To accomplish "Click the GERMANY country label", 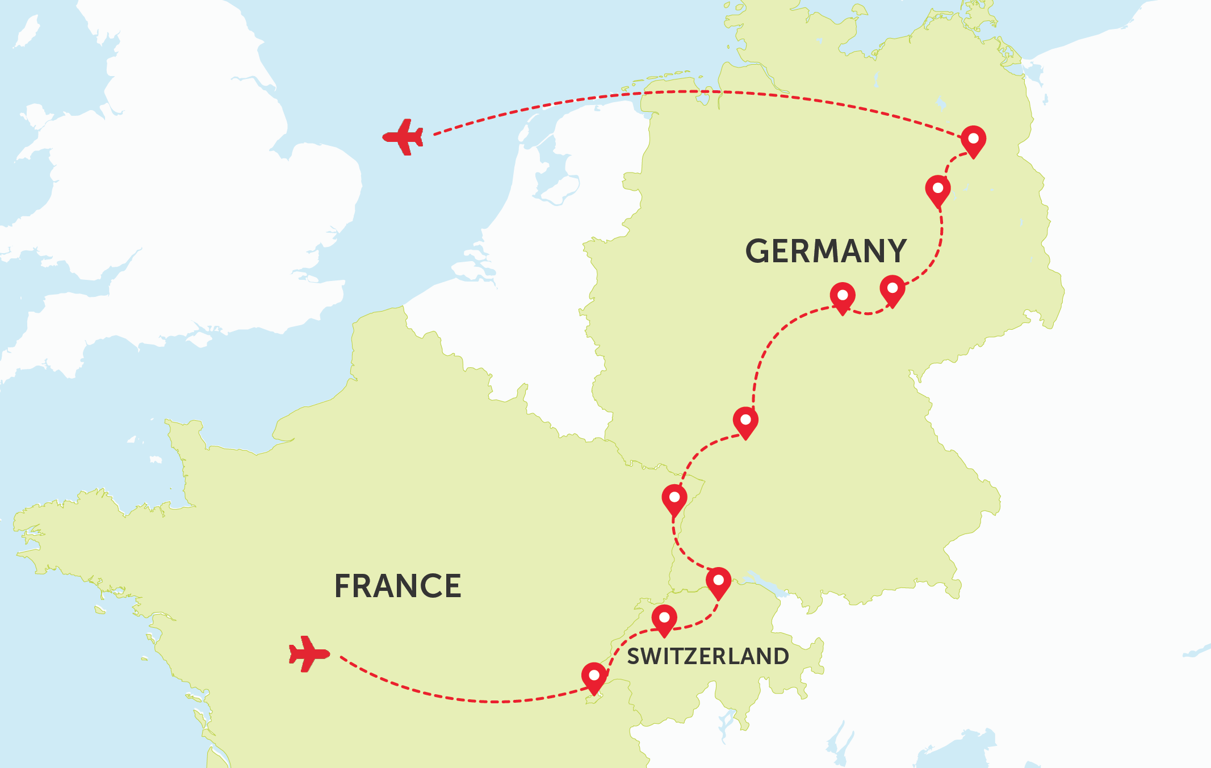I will coord(826,251).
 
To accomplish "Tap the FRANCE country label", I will coord(397,586).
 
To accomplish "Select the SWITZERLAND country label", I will coord(708,656).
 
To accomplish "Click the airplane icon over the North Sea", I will coord(403,137).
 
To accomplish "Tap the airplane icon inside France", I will coord(309,654).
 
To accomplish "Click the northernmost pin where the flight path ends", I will coord(973,140).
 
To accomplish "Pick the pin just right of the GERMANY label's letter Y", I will coord(892,290).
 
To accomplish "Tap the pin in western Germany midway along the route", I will coord(745,422).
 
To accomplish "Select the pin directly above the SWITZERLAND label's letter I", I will coord(664,619).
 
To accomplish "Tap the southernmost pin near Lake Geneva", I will coord(594,677).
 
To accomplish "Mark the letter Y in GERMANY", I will coord(894,251).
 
